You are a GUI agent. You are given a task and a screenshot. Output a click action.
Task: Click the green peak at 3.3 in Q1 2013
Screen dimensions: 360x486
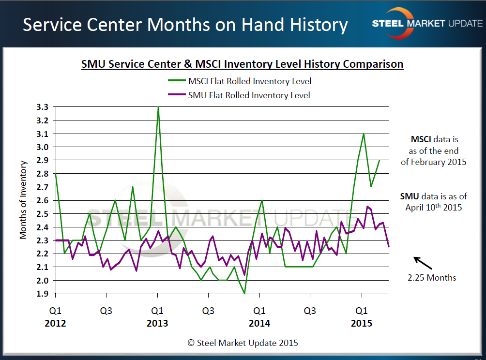click(x=158, y=107)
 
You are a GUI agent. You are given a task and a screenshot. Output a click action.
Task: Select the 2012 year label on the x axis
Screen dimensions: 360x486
click(x=56, y=323)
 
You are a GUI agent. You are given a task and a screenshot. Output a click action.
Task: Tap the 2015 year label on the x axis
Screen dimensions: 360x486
click(x=361, y=323)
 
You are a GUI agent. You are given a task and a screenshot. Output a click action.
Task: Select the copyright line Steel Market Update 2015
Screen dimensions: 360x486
click(x=243, y=343)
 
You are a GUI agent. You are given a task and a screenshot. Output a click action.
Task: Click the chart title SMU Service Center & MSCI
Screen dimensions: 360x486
click(x=242, y=64)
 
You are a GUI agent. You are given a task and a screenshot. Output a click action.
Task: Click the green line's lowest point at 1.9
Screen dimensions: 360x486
click(x=244, y=293)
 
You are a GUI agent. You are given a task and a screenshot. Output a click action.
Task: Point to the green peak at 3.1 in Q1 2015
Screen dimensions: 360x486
click(x=364, y=134)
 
